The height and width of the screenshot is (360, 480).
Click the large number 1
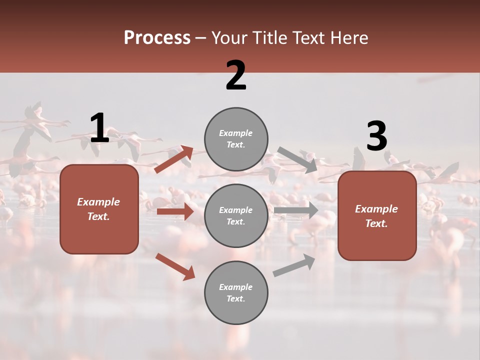(99, 128)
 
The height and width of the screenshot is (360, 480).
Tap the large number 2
(236, 75)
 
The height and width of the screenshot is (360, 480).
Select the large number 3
(376, 136)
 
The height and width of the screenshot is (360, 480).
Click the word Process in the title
(157, 37)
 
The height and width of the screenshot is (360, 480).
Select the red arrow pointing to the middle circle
(175, 211)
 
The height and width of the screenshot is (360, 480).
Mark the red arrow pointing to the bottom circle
(175, 266)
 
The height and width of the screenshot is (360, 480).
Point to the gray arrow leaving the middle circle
(296, 210)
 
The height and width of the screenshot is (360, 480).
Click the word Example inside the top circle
(235, 133)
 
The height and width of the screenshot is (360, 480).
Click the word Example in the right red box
(376, 209)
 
